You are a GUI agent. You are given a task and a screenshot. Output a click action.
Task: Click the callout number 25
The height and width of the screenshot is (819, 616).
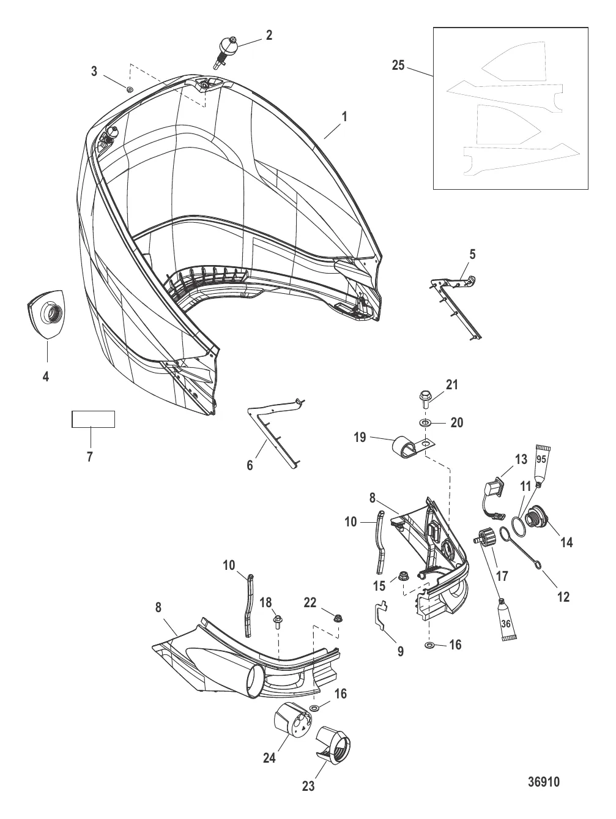tap(398, 65)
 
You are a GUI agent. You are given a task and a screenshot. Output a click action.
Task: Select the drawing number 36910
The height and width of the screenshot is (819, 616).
tap(543, 782)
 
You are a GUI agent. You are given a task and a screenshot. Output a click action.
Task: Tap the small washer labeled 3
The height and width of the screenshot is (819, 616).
tap(130, 89)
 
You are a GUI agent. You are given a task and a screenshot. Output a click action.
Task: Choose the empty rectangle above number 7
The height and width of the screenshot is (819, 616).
tap(94, 419)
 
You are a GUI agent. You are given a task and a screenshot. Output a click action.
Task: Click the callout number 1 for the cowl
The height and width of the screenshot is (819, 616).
tap(344, 116)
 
